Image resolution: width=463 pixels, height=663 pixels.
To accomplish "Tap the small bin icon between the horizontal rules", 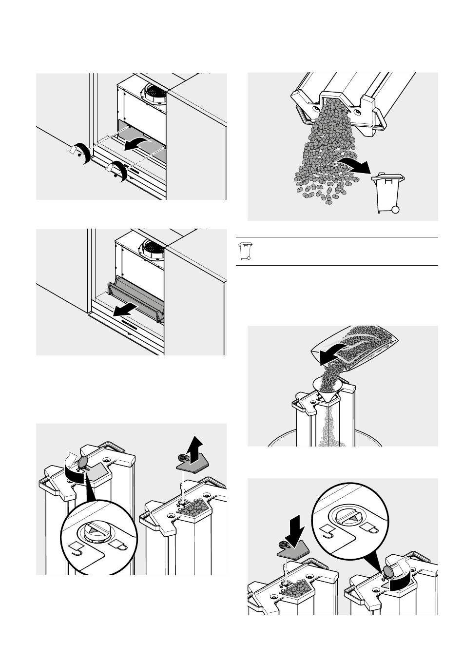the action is pos(246,251).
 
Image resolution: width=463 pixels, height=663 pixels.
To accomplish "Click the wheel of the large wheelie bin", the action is pos(396,210).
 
